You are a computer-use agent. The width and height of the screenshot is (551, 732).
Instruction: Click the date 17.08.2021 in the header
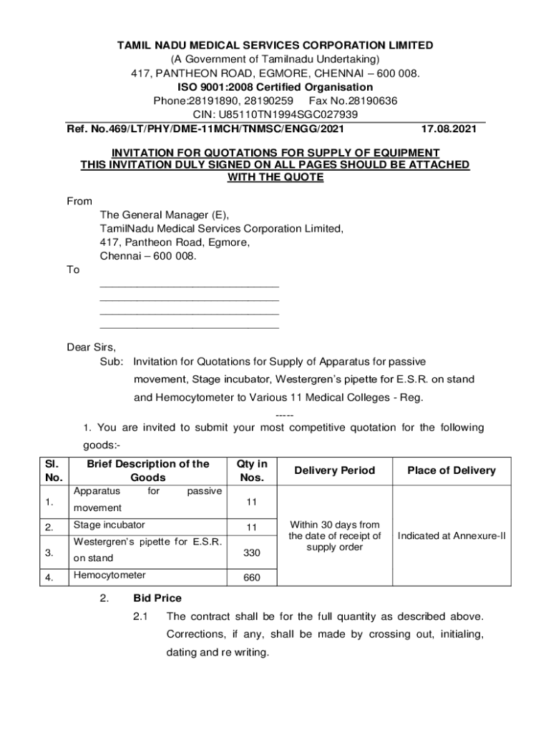point(449,129)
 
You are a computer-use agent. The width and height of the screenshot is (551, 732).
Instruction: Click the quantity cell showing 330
point(252,553)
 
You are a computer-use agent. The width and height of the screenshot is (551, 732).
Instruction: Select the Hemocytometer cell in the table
point(109,575)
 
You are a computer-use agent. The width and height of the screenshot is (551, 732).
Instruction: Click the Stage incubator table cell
point(109,525)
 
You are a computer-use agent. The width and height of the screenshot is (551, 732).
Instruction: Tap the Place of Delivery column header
point(452,470)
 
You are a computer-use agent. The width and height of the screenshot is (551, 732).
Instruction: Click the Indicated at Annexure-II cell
point(452,535)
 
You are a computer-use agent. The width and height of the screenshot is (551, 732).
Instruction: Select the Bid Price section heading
point(157,598)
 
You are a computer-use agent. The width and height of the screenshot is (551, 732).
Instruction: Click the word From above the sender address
point(79,202)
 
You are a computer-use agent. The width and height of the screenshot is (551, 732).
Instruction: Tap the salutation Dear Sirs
point(91,347)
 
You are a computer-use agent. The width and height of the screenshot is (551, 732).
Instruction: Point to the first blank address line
point(189,285)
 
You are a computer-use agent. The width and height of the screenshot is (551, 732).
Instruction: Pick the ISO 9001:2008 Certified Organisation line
point(275,87)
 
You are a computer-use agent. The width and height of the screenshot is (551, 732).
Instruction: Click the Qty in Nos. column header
point(252,470)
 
